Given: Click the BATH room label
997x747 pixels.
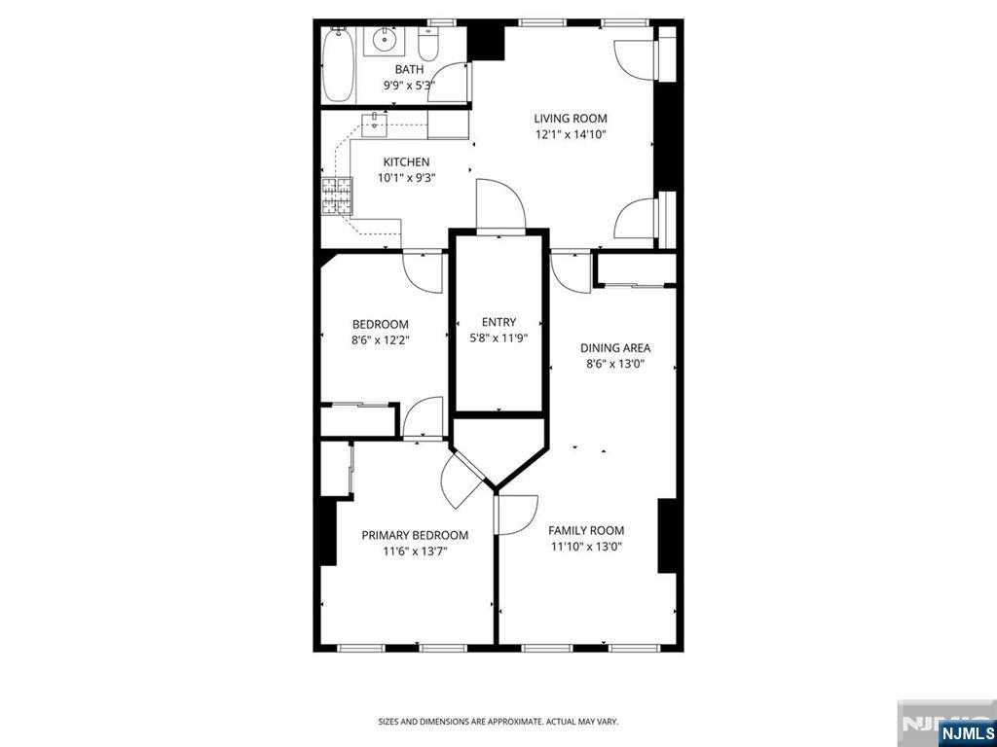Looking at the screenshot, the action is point(409,69).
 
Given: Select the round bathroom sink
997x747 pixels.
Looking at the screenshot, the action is point(384,41).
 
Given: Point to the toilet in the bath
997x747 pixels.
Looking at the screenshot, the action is point(427,44).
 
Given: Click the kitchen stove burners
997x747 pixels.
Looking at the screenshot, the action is point(336,196).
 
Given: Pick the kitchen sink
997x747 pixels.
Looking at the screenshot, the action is point(375,125).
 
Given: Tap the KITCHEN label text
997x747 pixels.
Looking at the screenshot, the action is point(406,162).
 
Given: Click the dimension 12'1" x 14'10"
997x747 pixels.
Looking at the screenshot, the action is point(571,134).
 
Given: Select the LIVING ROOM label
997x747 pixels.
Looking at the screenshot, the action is point(571,118).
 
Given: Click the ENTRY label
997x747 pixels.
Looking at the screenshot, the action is point(499,322).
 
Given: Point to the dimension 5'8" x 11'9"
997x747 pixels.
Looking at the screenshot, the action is point(499,338).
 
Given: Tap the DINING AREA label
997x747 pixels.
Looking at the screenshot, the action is point(615,348).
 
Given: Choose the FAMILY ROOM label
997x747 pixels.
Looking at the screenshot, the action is point(586,530).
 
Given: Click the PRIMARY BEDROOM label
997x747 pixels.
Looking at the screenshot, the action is point(415,536).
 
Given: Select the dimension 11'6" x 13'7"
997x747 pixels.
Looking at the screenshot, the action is point(415,551).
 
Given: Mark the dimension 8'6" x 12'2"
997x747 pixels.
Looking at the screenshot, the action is point(381,339).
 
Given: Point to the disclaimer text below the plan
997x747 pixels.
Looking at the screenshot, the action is point(498,722).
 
